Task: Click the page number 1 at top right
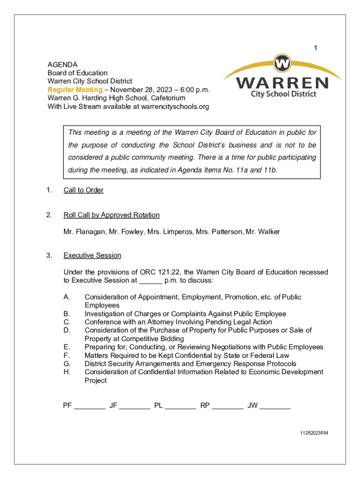click(316, 48)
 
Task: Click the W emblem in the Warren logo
click(282, 63)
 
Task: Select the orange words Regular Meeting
click(75, 90)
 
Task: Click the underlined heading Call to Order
click(83, 190)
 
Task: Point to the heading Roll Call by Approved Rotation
click(111, 215)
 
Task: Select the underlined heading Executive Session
click(92, 255)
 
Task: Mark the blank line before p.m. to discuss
click(151, 281)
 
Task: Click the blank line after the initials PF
click(89, 406)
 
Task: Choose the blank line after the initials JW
click(275, 406)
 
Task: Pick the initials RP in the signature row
click(205, 406)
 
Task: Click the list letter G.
click(67, 364)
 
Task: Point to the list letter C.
click(67, 322)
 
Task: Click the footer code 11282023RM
click(314, 433)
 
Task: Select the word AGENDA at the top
click(63, 65)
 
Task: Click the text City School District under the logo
click(283, 94)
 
